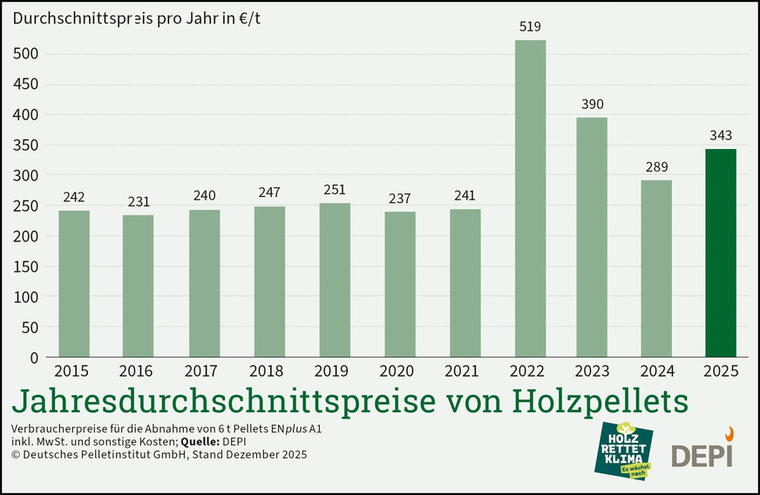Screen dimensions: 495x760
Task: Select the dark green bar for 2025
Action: [721, 253]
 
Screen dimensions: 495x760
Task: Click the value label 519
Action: [531, 27]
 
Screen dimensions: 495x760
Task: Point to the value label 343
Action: [721, 136]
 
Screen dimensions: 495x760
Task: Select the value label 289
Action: [656, 167]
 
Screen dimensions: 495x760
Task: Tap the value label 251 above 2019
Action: [335, 191]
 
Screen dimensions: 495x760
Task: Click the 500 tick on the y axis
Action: [28, 54]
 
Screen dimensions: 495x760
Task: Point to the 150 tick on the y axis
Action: [28, 267]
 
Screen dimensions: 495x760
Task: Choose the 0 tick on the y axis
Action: [34, 357]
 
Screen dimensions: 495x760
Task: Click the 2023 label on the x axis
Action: [592, 371]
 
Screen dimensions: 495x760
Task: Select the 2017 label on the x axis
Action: [204, 371]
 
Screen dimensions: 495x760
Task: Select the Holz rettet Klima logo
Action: [626, 450]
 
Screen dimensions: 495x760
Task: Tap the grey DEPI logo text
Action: [702, 455]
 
